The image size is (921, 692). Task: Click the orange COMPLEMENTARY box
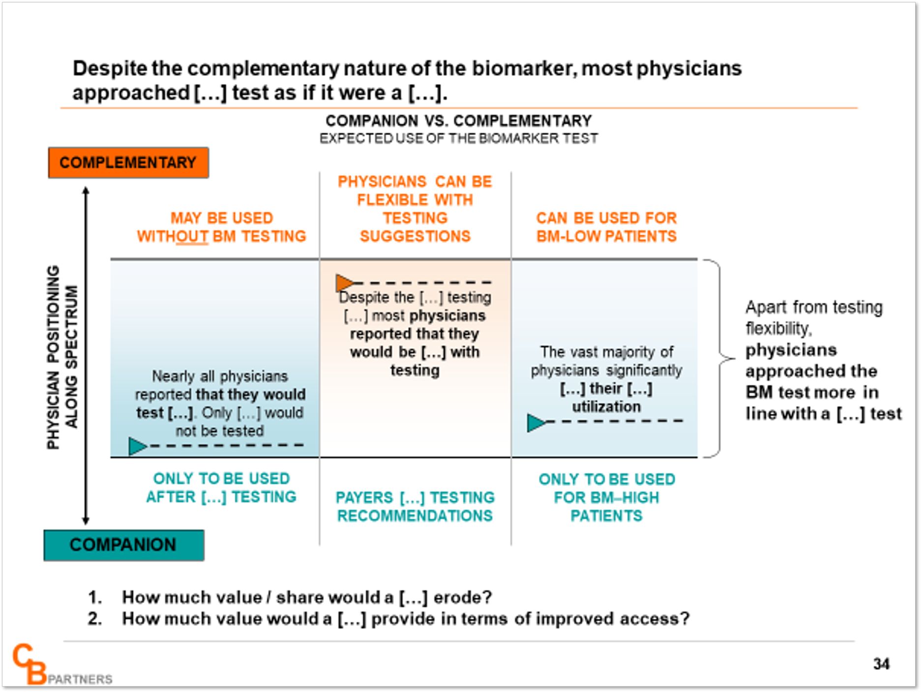point(128,163)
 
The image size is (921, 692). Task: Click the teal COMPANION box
point(124,545)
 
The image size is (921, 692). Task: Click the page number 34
point(881,664)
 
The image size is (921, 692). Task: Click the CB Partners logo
point(62,664)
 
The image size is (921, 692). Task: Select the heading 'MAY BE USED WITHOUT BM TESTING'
point(221,227)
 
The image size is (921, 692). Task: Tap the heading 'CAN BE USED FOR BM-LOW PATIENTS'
point(606,227)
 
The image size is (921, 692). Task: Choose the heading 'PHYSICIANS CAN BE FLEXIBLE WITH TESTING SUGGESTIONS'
point(415,209)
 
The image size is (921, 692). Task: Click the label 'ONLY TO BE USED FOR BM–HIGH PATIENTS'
point(607,497)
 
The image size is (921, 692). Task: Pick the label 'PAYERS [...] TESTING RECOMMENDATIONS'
point(415,506)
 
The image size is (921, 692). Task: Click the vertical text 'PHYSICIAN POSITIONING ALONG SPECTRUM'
point(62,357)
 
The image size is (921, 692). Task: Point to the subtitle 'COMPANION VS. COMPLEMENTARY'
point(459,121)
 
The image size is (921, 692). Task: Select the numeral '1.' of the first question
point(95,597)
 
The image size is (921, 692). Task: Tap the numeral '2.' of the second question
point(95,618)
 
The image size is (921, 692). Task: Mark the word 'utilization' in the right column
point(606,406)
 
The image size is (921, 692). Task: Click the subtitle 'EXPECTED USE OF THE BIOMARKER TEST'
point(459,139)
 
